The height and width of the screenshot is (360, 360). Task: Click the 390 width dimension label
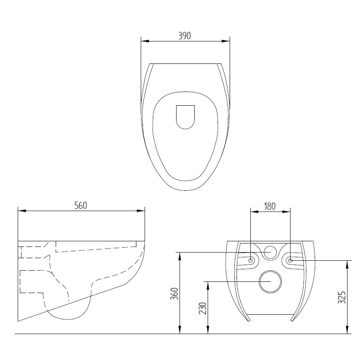[x=185, y=36]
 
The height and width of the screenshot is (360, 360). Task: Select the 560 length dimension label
[x=81, y=205]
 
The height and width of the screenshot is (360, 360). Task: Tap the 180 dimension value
[x=269, y=206]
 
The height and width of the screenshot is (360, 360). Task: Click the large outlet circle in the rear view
[x=270, y=282]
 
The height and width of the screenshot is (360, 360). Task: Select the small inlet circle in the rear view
[x=270, y=252]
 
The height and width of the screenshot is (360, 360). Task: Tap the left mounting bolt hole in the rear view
[x=251, y=260]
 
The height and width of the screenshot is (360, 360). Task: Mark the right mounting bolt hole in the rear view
[x=290, y=260]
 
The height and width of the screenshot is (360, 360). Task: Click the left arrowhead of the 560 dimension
[x=21, y=211]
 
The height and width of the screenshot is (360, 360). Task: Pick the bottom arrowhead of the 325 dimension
[x=347, y=331]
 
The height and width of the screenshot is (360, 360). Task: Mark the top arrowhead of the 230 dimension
[x=208, y=284]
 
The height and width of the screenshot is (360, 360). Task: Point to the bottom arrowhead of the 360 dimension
[x=180, y=331]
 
